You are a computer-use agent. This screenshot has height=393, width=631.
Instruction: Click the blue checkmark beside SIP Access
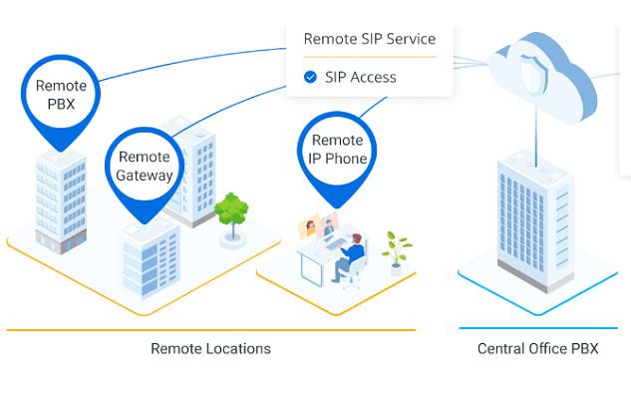tap(310, 77)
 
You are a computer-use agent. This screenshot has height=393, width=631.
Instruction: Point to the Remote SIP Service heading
tap(370, 39)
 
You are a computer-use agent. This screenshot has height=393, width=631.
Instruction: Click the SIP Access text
tap(361, 77)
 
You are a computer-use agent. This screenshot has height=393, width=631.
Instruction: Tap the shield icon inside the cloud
tap(533, 73)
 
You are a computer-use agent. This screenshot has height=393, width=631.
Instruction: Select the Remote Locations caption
tap(210, 348)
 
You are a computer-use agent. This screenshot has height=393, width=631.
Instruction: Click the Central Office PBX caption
tap(537, 348)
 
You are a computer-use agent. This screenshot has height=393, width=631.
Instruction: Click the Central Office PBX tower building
tap(535, 219)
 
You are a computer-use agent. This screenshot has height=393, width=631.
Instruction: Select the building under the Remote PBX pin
tap(61, 202)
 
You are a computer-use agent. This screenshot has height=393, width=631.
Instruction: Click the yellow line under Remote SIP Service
tap(370, 57)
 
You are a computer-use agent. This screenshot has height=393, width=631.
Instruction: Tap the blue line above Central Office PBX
tap(538, 328)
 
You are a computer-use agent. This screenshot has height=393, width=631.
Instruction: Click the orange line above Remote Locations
tap(211, 330)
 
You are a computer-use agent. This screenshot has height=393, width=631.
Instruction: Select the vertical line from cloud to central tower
tap(536, 136)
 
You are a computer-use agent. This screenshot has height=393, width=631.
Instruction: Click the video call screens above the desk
tap(318, 226)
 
